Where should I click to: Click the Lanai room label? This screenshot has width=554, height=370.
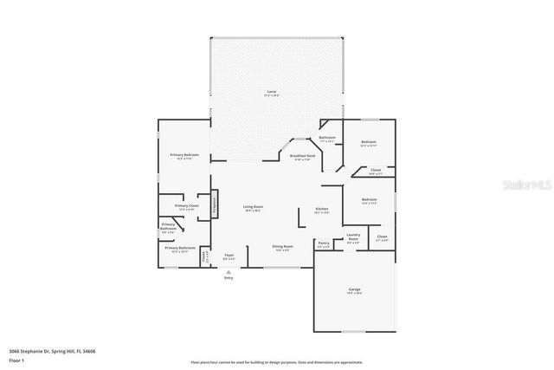270,92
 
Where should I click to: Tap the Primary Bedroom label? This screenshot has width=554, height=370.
184,156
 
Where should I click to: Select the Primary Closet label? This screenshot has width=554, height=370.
186,207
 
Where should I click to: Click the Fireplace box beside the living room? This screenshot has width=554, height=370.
215,206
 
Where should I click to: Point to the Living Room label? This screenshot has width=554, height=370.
253,208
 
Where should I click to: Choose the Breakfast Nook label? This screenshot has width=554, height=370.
302,157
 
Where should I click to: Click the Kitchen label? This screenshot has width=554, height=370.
321,210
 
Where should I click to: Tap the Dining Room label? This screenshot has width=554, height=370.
282,247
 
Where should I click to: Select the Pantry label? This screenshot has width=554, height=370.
323,244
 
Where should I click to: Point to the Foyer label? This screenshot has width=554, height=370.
229,256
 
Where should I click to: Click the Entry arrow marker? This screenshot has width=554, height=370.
229,270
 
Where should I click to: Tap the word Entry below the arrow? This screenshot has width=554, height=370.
229,278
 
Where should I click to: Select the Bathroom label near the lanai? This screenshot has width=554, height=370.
327,138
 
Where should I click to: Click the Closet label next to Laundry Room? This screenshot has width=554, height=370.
382,237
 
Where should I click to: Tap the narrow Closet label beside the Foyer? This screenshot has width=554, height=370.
205,256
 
